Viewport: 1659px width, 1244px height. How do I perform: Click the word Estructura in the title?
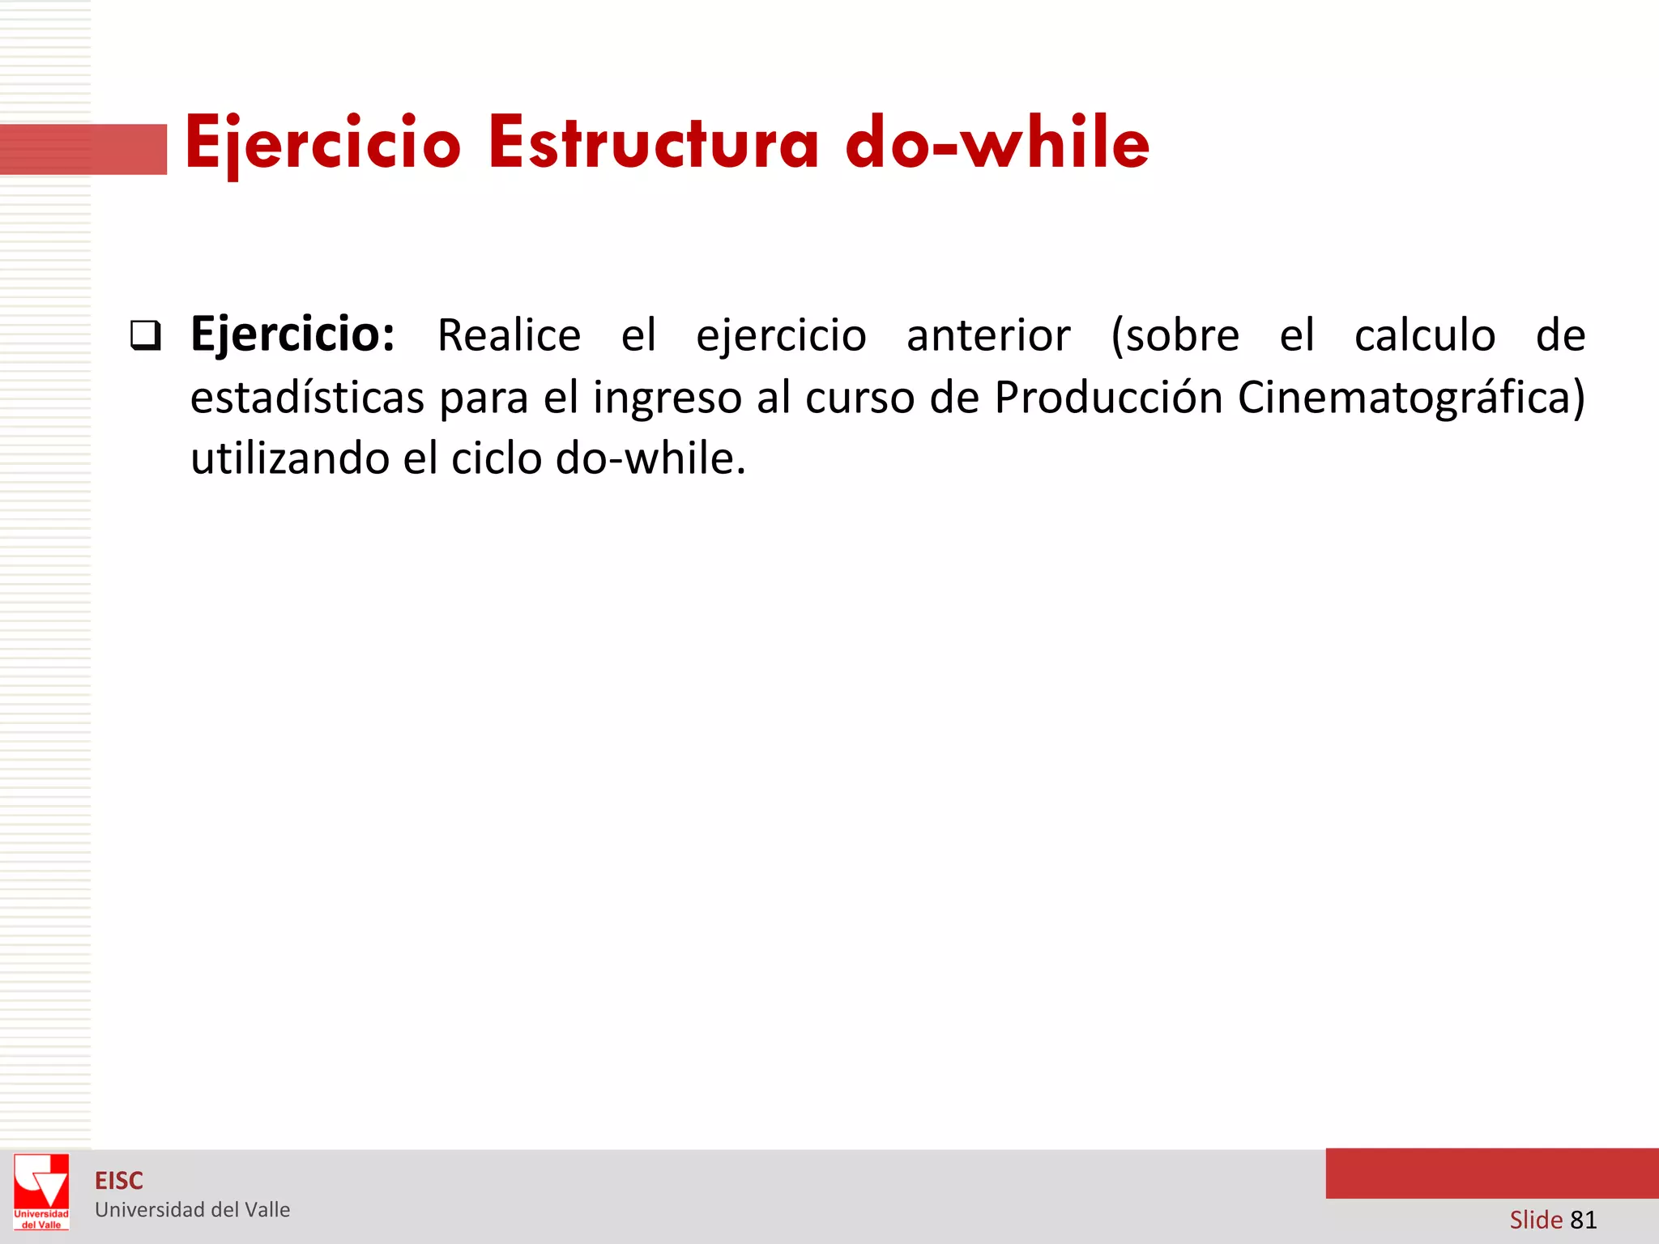653,143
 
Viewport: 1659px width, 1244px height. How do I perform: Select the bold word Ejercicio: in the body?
292,334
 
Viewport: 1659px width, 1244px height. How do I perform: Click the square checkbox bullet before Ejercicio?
146,335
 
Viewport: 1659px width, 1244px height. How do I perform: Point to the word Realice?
509,335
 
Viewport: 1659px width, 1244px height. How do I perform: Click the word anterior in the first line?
988,335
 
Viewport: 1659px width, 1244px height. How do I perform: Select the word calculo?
1425,335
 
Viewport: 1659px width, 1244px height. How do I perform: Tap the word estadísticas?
307,397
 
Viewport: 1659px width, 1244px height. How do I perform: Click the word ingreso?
667,398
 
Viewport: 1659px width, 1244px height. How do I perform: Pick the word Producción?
1108,397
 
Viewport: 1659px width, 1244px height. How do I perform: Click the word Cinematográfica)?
1411,397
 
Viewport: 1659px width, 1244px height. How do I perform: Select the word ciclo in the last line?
496,458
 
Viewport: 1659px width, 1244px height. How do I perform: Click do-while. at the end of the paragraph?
650,458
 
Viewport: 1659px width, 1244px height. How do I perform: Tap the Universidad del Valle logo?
41,1192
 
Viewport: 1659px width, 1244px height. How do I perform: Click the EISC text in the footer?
119,1181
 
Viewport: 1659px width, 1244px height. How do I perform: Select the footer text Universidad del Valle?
192,1210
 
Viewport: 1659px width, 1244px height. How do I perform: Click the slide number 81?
1583,1220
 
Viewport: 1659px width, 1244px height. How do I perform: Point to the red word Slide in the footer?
1536,1220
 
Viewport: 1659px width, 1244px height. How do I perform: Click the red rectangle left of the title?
83,149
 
